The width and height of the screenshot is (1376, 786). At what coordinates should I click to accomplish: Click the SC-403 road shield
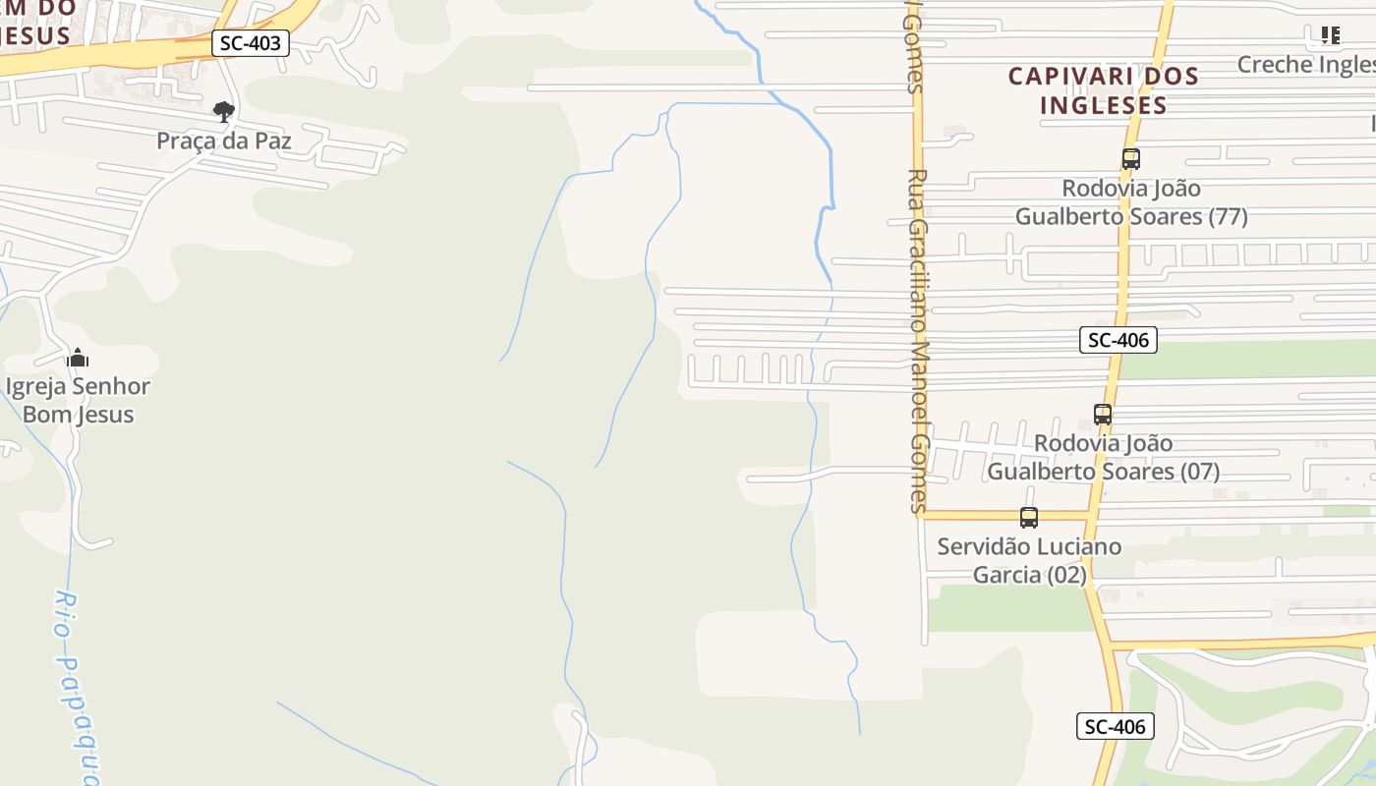pos(251,43)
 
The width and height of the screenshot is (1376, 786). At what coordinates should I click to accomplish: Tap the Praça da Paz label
pos(224,141)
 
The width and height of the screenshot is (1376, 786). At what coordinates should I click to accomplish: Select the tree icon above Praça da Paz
pos(224,111)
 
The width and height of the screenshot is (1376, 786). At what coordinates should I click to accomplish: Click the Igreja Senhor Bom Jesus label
pos(78,400)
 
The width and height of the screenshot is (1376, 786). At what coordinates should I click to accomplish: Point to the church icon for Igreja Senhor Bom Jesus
pos(78,358)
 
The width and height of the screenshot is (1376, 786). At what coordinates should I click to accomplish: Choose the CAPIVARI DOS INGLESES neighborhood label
pos(1104,90)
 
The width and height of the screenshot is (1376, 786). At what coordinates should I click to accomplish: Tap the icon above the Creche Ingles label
pos(1330,36)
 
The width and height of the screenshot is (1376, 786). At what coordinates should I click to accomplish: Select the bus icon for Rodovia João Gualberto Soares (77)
pos(1131,158)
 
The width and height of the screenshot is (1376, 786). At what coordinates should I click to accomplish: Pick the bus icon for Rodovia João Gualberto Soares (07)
pos(1103,415)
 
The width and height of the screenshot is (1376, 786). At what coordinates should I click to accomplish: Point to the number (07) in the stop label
pos(1199,472)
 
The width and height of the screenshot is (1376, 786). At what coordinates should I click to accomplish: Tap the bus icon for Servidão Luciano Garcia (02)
pos(1029,517)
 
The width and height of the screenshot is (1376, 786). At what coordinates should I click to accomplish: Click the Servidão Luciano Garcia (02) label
pos(1029,560)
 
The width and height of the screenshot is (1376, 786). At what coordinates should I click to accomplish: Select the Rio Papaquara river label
pos(78,688)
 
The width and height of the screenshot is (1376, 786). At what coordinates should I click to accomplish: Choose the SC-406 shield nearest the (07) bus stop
pos(1118,341)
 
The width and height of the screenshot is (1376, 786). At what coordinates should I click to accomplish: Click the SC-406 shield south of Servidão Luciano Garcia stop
pos(1116,727)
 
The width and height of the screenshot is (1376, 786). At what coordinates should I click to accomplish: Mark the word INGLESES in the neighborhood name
pos(1104,105)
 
